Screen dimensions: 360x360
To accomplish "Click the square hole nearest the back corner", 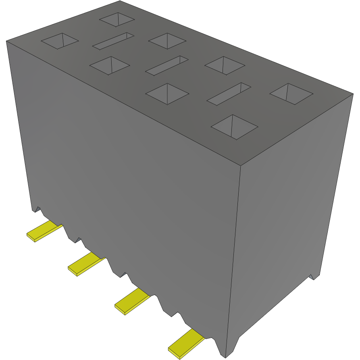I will pyautogui.click(x=117, y=19).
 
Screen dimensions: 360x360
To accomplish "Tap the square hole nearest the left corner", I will pyautogui.click(x=59, y=41).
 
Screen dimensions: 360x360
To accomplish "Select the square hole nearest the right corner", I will pyautogui.click(x=291, y=94).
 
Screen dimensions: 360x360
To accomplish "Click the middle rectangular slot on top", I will pyautogui.click(x=167, y=65).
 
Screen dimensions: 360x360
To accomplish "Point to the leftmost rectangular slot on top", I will pyautogui.click(x=113, y=41).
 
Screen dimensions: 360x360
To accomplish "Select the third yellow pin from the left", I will pyautogui.click(x=132, y=301).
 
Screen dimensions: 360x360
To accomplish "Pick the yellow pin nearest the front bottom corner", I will pyautogui.click(x=186, y=342).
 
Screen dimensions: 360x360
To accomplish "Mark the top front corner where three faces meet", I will pyautogui.click(x=240, y=166).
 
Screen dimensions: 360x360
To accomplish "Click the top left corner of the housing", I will pyautogui.click(x=6, y=41).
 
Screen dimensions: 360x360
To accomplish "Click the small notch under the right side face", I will pyautogui.click(x=313, y=277).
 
